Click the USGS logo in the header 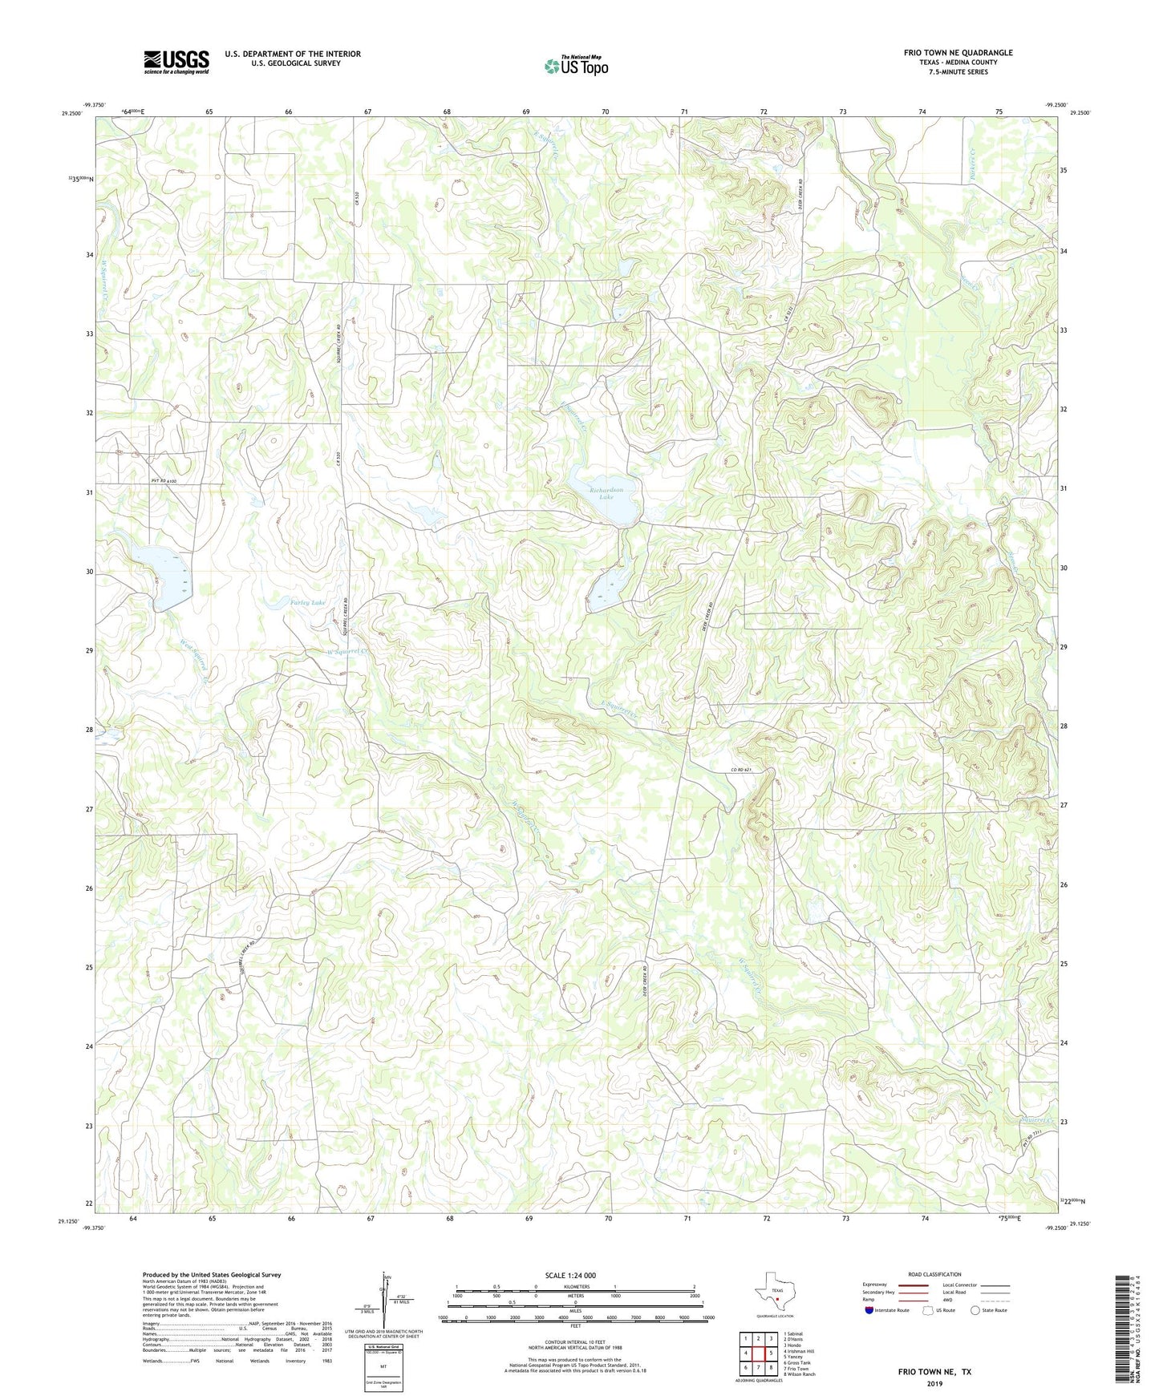[x=176, y=62]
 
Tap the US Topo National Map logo [x=575, y=66]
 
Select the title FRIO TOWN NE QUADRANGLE [x=958, y=53]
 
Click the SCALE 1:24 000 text [x=569, y=1275]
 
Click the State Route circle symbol [x=975, y=1310]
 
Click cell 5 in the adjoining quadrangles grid [x=770, y=1353]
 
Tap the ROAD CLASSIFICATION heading [x=934, y=1274]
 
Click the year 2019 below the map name [x=934, y=1383]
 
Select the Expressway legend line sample [x=914, y=1285]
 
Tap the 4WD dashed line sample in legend [x=995, y=1300]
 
